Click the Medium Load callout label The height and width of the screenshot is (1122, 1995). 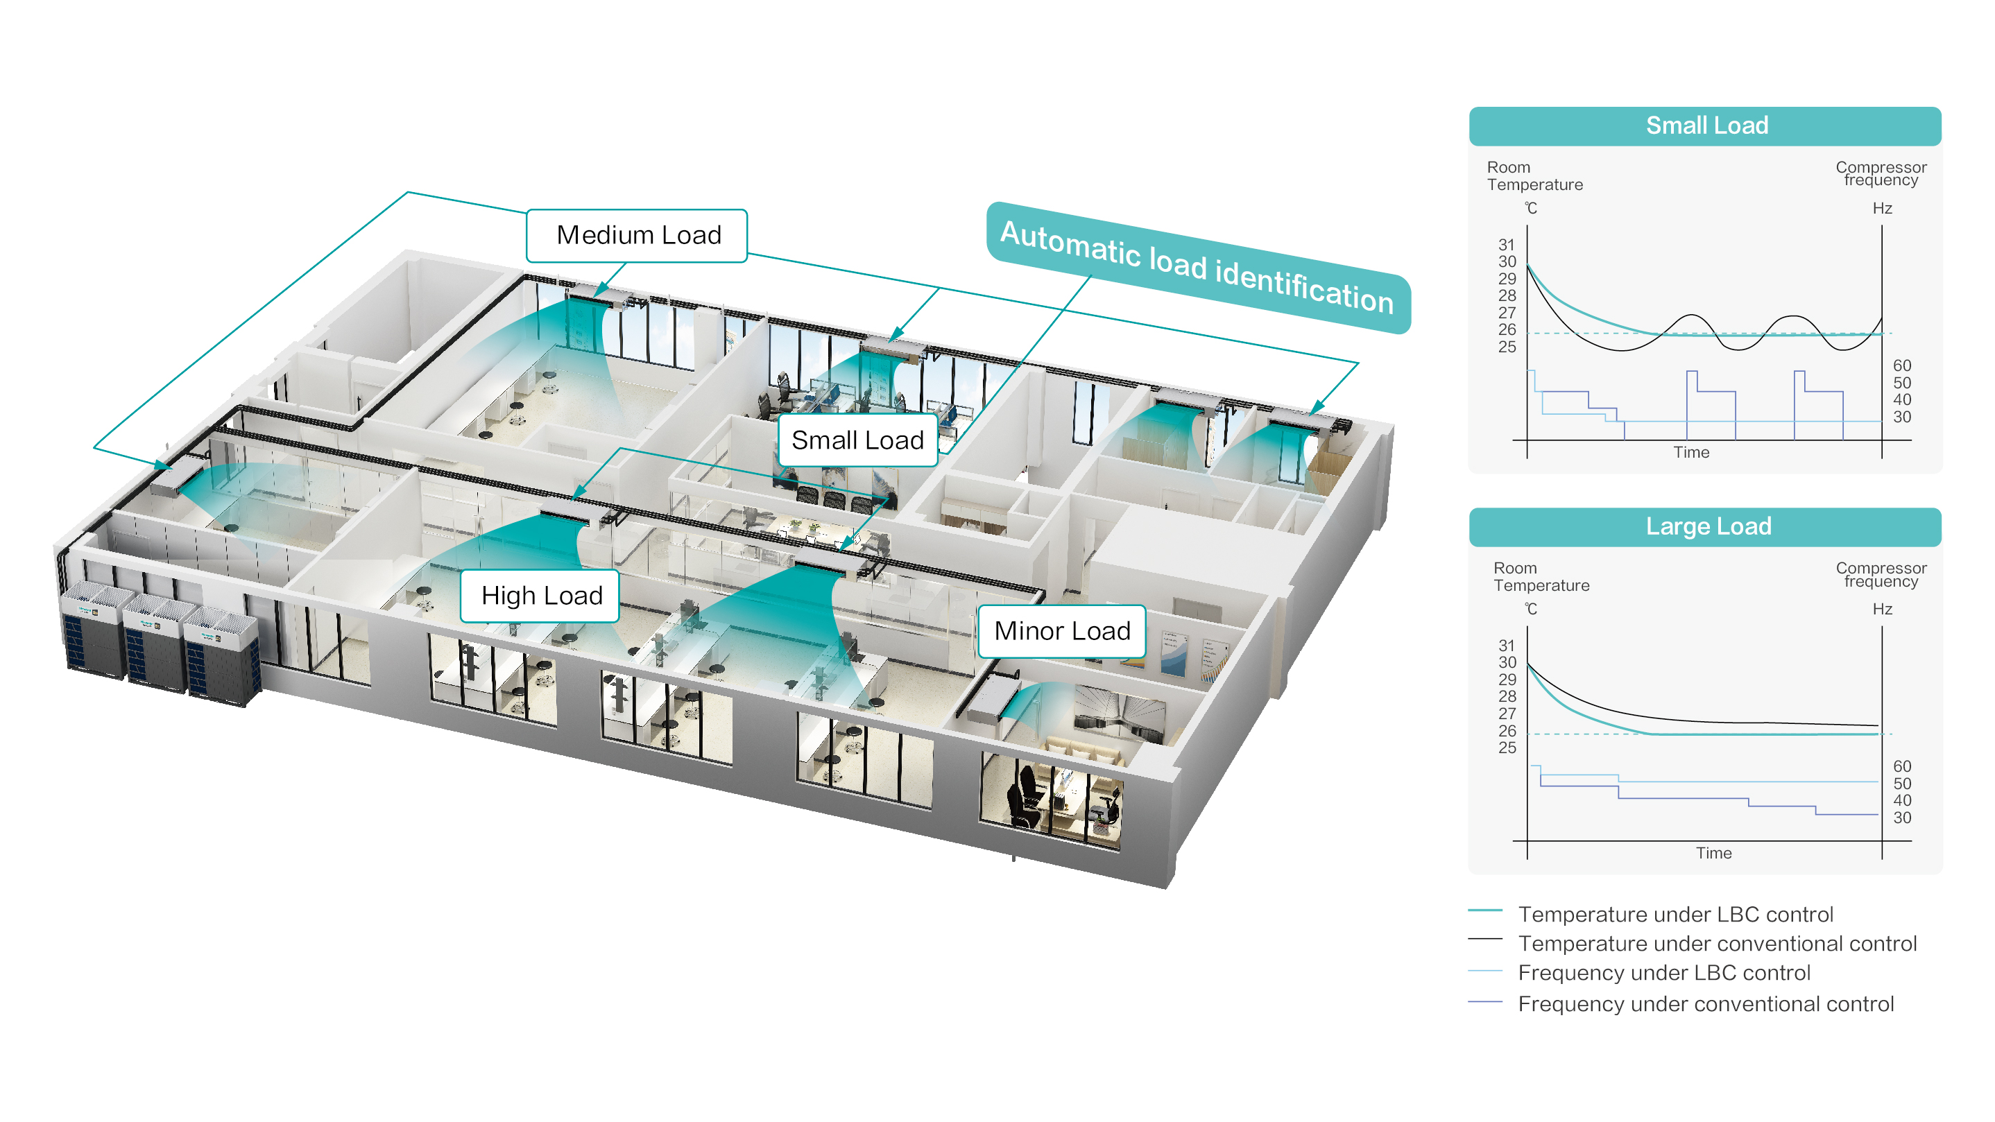click(637, 235)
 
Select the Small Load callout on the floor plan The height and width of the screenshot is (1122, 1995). click(857, 440)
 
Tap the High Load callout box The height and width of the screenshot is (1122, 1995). click(540, 596)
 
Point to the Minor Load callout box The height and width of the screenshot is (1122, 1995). click(1061, 631)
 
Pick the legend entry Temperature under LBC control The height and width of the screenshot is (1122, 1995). click(1675, 915)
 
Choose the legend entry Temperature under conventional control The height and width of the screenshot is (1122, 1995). click(1716, 944)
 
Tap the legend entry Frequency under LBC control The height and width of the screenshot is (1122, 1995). click(1663, 974)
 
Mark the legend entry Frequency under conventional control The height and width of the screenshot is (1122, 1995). click(1705, 1004)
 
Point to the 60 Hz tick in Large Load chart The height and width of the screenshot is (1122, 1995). click(1901, 766)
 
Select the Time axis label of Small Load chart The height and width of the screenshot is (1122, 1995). click(1690, 452)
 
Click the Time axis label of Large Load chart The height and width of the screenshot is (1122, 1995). click(1713, 854)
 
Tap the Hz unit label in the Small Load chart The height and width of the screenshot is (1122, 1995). click(1882, 208)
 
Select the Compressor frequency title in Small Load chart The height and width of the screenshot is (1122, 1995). click(1881, 173)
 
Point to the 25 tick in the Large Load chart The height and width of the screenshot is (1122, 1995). click(1507, 748)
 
